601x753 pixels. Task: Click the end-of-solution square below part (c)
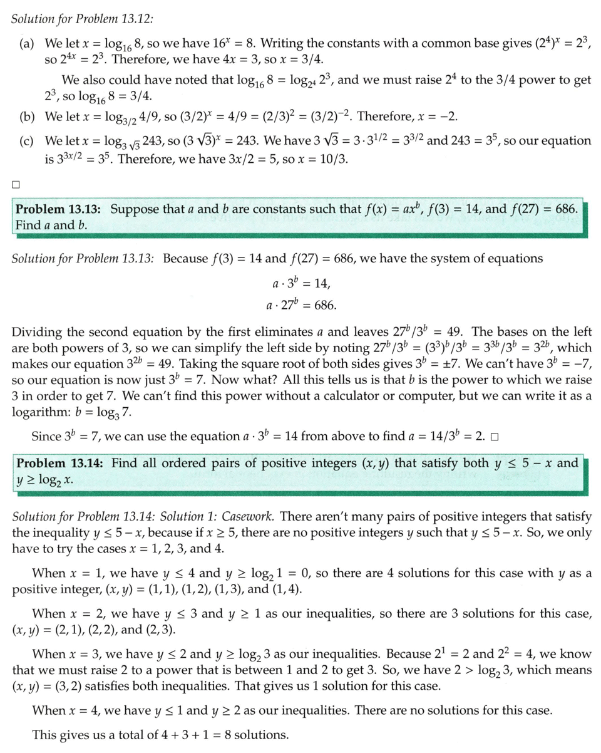tap(16, 184)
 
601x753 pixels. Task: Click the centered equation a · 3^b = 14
tap(300, 283)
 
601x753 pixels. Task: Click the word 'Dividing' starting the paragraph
tap(36, 331)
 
